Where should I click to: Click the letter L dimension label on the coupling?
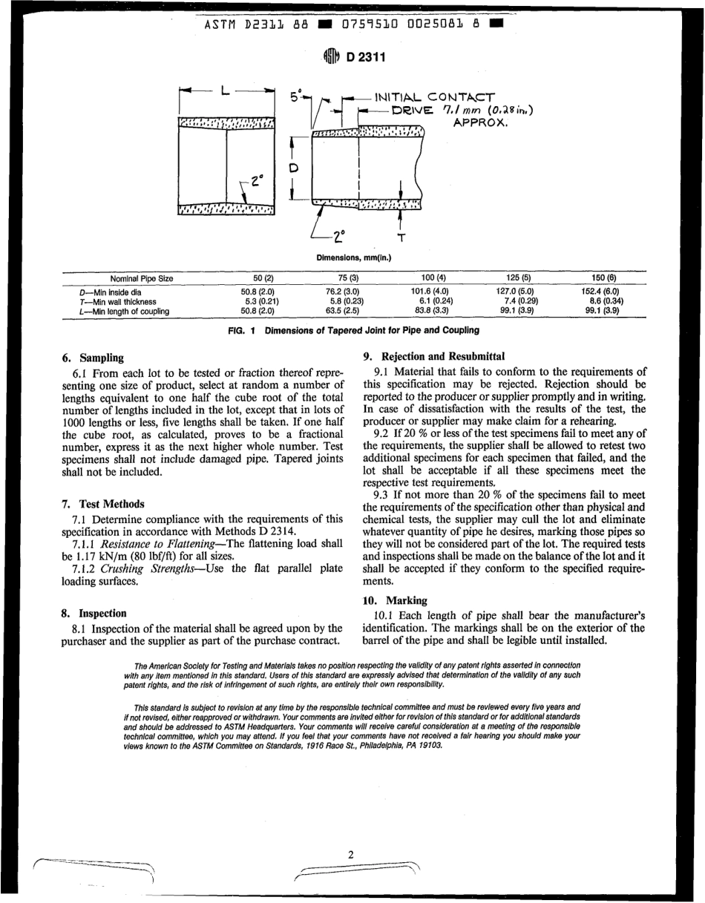click(225, 91)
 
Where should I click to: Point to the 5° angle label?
click(295, 97)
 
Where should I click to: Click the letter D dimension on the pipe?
click(293, 168)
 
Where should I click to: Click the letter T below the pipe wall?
click(401, 238)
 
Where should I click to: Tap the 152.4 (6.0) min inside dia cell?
click(600, 292)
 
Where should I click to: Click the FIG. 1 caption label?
click(242, 330)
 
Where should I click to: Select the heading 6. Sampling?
click(93, 358)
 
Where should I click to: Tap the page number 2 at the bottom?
click(351, 855)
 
